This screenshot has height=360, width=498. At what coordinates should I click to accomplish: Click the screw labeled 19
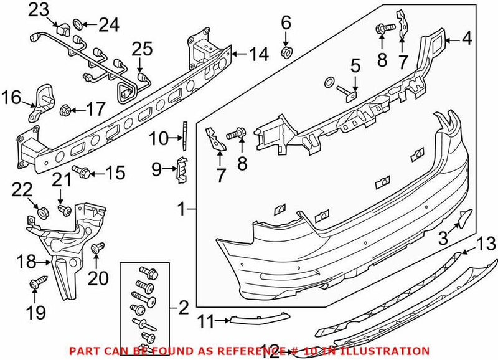pos(35,284)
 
